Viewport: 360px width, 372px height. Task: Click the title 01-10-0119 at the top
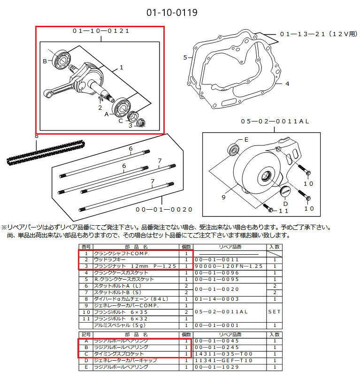click(x=172, y=12)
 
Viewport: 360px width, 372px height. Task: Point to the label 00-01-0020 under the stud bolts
click(x=164, y=209)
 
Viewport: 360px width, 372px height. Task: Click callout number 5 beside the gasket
click(x=185, y=57)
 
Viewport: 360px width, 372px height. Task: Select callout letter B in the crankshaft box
click(x=45, y=61)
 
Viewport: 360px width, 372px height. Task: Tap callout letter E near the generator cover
click(x=246, y=140)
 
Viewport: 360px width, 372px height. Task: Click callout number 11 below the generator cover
click(x=283, y=211)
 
